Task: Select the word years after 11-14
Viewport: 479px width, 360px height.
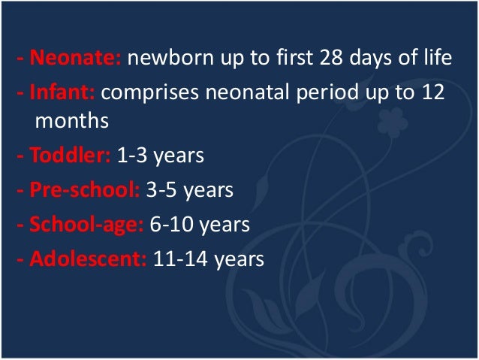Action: (239, 260)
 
